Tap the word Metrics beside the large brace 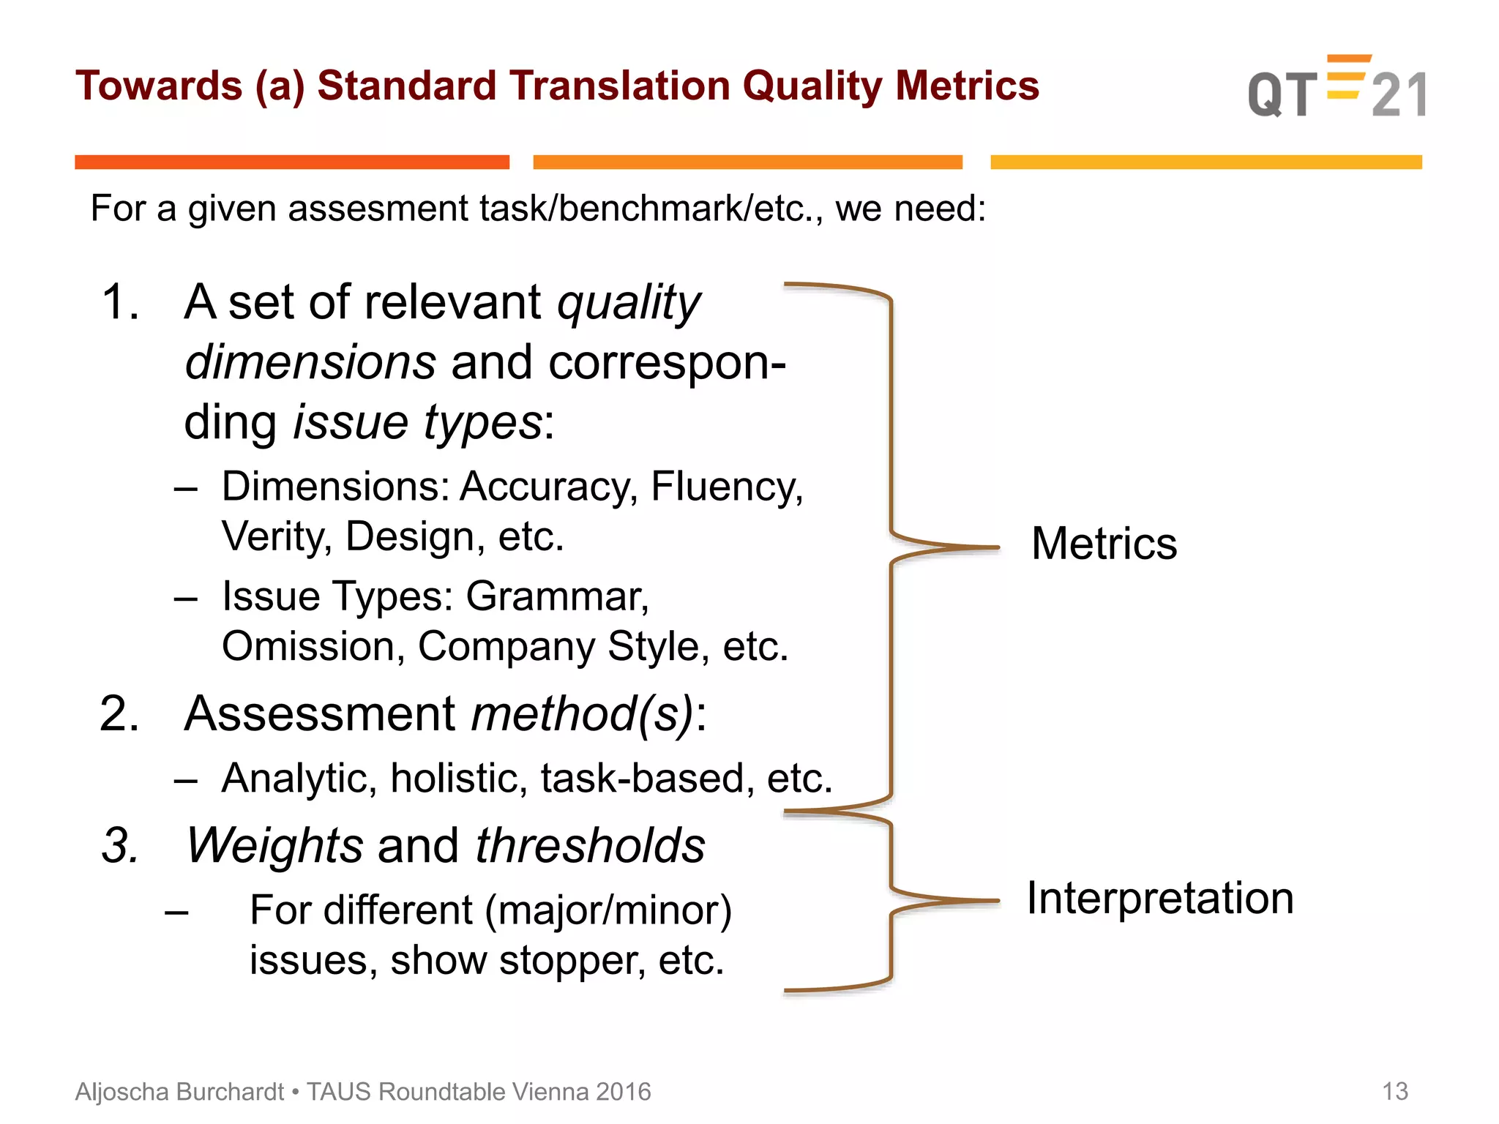1104,544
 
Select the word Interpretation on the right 1159,898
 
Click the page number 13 1394,1091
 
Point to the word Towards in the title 159,86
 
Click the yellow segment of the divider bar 1205,162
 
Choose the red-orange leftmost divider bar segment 291,162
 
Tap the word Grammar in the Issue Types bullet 557,596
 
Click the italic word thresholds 590,846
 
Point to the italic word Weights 274,846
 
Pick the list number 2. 119,713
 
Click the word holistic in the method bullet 458,778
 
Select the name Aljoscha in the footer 123,1091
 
